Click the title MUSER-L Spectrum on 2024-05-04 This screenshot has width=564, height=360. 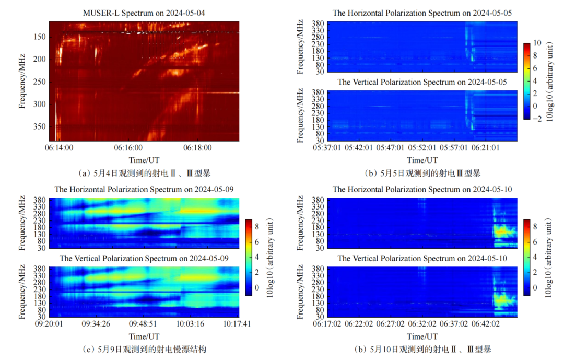click(144, 13)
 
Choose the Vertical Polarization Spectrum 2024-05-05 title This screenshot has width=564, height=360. click(422, 82)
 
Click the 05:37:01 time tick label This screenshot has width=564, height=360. click(327, 148)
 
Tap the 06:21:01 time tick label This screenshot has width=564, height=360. click(486, 148)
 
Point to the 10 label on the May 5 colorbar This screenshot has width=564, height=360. click(536, 43)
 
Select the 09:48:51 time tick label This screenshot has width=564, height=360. click(143, 323)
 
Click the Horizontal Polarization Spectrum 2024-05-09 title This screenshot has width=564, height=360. click(144, 189)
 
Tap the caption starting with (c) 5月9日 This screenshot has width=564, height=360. click(143, 349)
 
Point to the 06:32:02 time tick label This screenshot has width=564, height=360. click(422, 323)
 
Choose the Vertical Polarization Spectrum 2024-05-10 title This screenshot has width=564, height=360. click(422, 258)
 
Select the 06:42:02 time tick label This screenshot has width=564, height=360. click(486, 323)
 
